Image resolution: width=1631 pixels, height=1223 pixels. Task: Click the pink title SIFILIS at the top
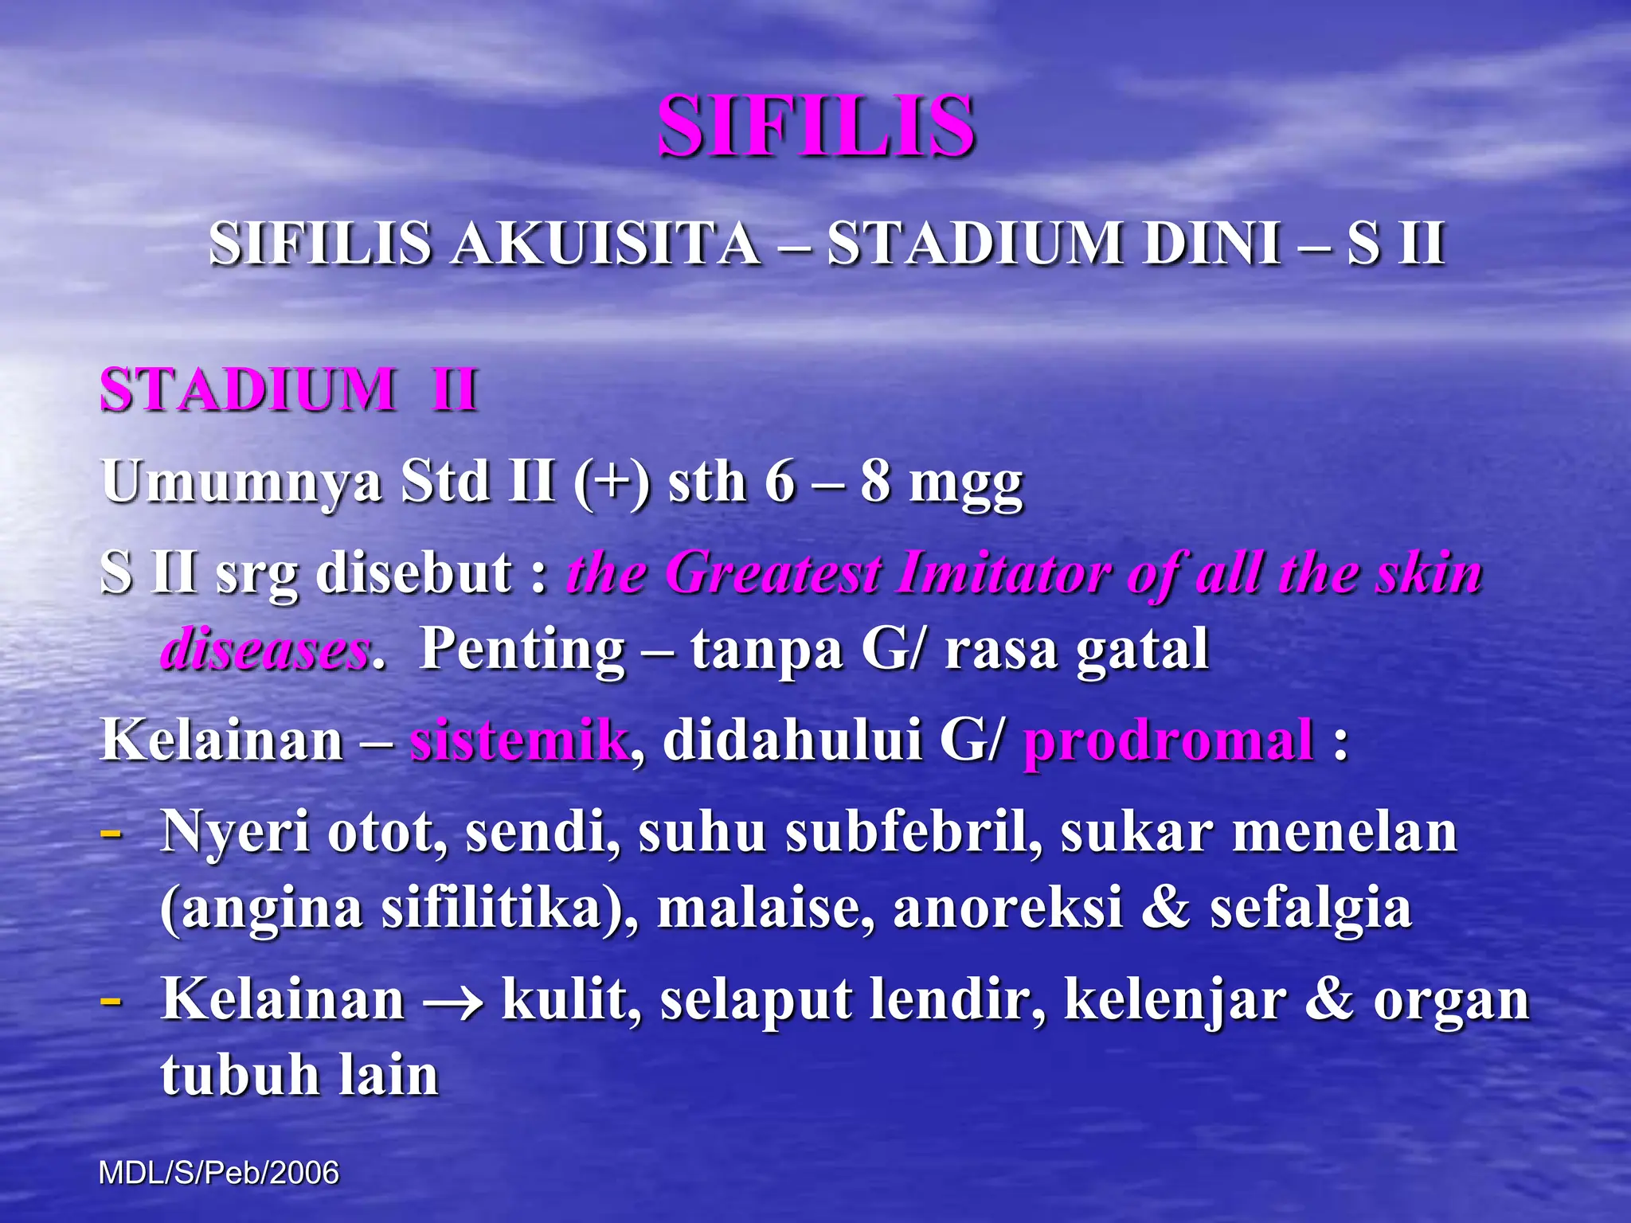click(816, 126)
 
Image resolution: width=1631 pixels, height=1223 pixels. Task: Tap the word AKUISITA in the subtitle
click(605, 243)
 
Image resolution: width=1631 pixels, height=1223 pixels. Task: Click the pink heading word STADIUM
click(248, 390)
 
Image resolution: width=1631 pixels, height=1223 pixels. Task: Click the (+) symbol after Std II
click(611, 483)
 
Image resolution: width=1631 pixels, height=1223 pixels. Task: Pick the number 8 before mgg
click(874, 483)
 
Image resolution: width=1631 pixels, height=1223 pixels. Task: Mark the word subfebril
click(913, 832)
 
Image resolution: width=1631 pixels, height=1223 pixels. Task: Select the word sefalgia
click(1311, 908)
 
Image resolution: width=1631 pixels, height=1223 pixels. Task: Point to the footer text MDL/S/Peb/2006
click(219, 1173)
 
